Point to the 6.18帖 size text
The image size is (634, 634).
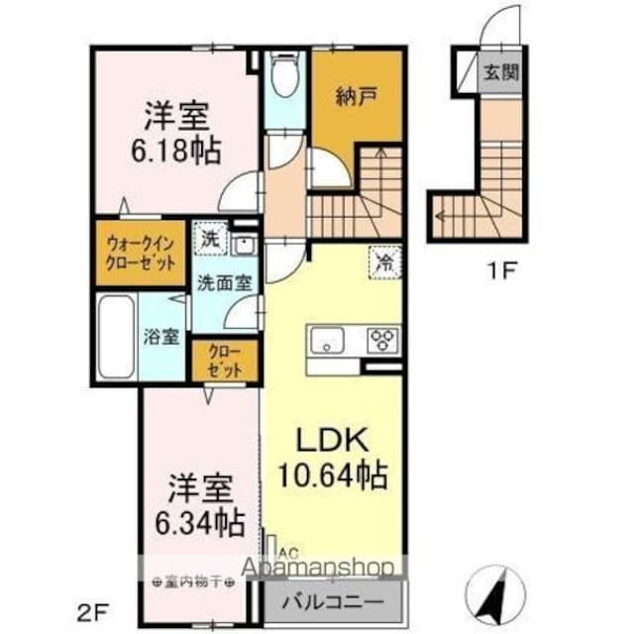click(x=179, y=152)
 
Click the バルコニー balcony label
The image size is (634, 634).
click(x=335, y=601)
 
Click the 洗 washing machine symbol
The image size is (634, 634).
click(x=210, y=239)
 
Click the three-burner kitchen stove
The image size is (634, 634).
click(x=381, y=340)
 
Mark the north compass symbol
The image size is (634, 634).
click(x=496, y=588)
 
